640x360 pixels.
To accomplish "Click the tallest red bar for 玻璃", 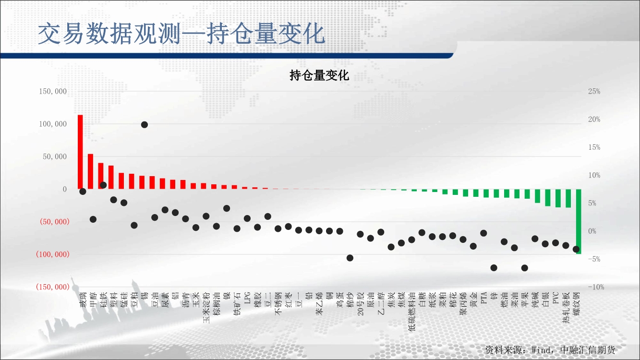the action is pyautogui.click(x=80, y=152).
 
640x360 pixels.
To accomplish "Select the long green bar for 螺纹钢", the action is pyautogui.click(x=579, y=221).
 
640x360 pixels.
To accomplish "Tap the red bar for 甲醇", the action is pyautogui.click(x=91, y=171).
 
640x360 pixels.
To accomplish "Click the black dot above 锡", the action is pyautogui.click(x=145, y=125).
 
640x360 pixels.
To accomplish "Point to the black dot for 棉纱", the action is pyautogui.click(x=350, y=258).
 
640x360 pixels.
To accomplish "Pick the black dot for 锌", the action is pyautogui.click(x=494, y=268).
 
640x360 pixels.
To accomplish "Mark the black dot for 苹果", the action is pyautogui.click(x=525, y=268).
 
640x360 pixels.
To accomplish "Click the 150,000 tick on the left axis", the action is pyautogui.click(x=53, y=91).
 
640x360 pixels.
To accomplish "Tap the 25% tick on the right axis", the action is pyautogui.click(x=594, y=91).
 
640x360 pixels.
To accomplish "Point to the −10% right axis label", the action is pyautogui.click(x=596, y=287).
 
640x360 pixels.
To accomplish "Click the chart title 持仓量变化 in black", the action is pyautogui.click(x=319, y=75).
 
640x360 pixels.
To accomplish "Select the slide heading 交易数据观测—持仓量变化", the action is pyautogui.click(x=181, y=34).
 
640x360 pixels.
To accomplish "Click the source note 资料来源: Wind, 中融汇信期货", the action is pyautogui.click(x=550, y=350).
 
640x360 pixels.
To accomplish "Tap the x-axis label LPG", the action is pyautogui.click(x=247, y=298).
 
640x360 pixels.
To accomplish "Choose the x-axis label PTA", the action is pyautogui.click(x=483, y=298).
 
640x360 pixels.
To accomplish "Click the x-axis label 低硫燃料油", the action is pyautogui.click(x=412, y=312).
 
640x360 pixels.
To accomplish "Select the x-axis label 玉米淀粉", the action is pyautogui.click(x=206, y=308).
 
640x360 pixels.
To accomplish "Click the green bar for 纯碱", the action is pyautogui.click(x=537, y=196).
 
